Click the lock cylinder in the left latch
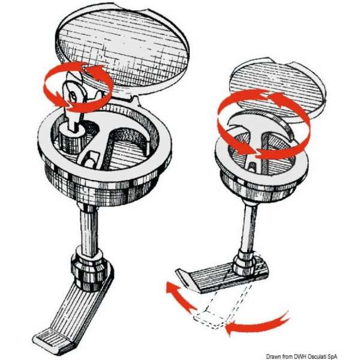71,139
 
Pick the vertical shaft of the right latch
249,227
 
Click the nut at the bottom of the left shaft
89,271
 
